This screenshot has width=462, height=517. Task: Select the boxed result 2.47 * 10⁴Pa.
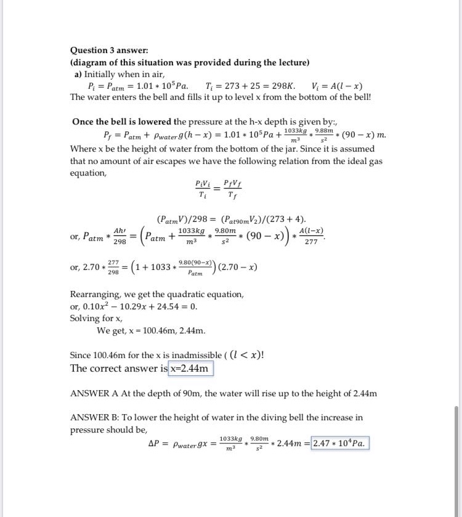[340, 444]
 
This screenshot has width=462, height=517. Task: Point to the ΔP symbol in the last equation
[156, 444]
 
